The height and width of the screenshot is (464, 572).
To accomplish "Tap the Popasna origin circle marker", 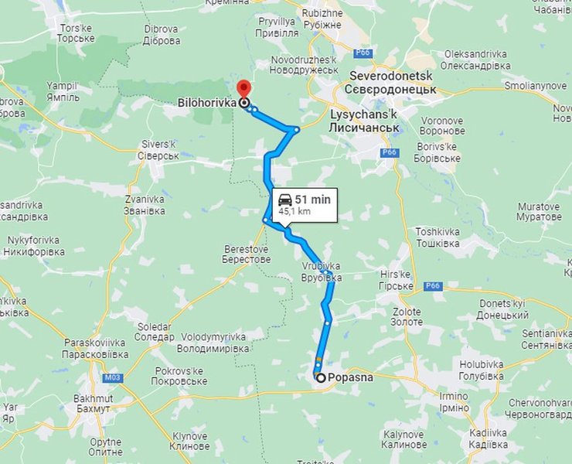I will [320, 377].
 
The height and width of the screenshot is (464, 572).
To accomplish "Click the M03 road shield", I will [113, 377].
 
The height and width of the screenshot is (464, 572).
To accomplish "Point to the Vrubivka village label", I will [321, 271].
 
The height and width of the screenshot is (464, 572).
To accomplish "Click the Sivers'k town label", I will [159, 150].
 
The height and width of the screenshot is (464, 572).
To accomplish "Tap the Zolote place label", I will [407, 316].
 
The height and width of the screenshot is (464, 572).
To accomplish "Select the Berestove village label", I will [247, 254].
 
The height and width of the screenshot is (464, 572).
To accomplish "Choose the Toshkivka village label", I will [438, 237].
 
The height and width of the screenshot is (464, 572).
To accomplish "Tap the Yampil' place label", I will [63, 91].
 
